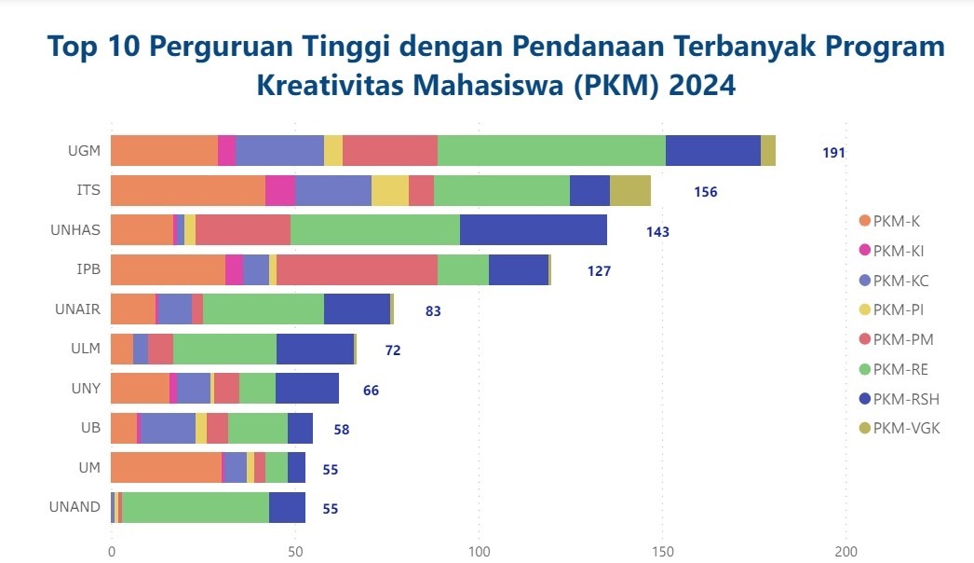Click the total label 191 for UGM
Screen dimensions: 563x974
(833, 152)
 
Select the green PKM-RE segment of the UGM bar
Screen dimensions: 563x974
(551, 151)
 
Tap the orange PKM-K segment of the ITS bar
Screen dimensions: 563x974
(188, 190)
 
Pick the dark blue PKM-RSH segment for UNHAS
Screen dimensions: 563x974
(534, 230)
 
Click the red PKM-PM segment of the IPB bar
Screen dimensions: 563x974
(357, 269)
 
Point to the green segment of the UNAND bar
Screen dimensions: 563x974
(196, 507)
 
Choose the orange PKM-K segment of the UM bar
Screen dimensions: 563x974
(167, 468)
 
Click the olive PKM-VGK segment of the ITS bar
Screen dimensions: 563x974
(630, 190)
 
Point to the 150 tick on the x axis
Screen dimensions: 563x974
(663, 550)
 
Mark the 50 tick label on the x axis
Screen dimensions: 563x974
(295, 550)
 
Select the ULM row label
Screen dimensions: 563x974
(84, 350)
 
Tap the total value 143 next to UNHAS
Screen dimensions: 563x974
(657, 231)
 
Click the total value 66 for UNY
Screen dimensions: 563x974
(371, 390)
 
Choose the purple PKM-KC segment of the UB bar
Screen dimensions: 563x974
(168, 429)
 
